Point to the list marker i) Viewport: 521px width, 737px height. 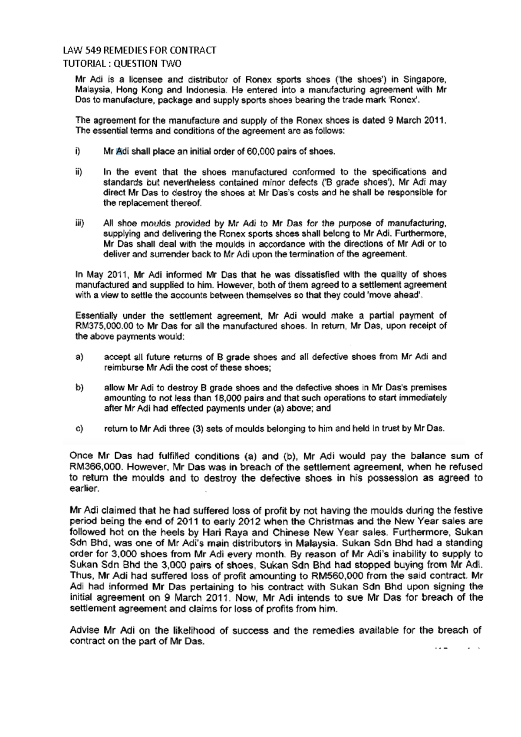tap(78, 151)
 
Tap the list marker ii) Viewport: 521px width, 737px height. tap(79, 172)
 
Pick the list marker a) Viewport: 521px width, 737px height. tap(79, 357)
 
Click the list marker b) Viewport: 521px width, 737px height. tap(79, 388)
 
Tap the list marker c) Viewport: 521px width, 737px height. tap(79, 429)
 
